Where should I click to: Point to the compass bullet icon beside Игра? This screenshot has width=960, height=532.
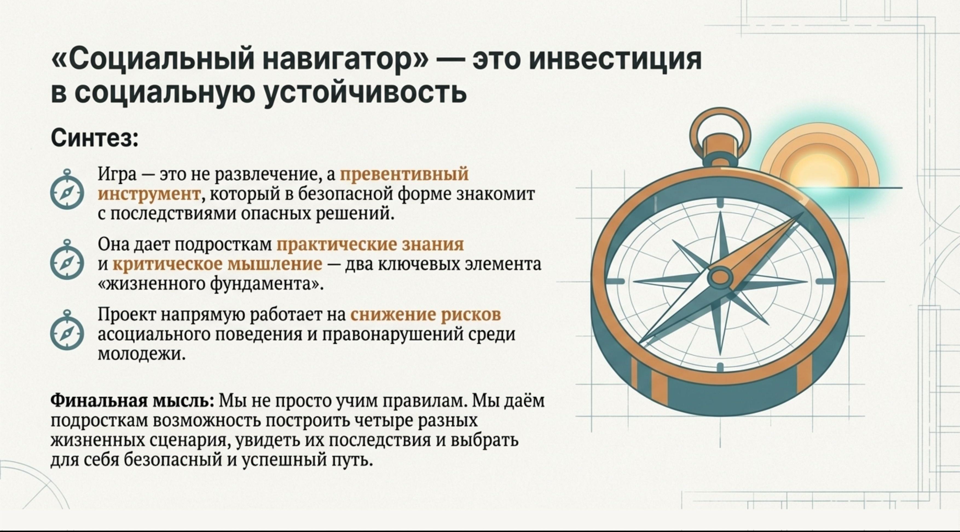67,190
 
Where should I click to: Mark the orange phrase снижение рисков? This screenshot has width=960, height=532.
426,315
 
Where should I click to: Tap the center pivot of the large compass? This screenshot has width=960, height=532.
720,278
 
